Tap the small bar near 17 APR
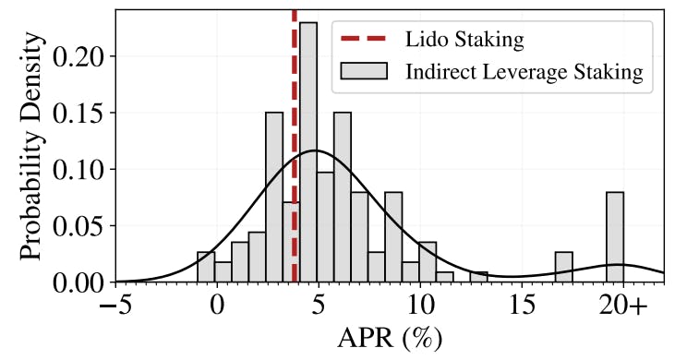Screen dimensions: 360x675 (x=563, y=267)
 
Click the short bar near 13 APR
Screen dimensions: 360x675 (x=478, y=277)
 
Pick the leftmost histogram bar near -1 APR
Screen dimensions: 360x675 (x=206, y=267)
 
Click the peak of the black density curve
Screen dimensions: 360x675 (x=315, y=150)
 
